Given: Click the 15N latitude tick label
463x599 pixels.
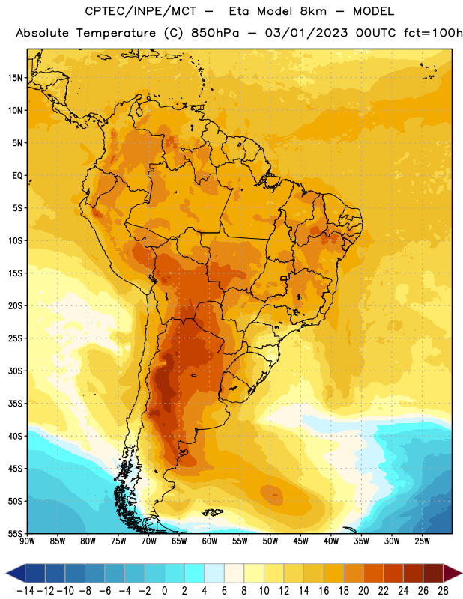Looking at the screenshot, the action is coord(15,78).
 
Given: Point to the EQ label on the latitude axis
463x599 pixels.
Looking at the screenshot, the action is coord(17,176).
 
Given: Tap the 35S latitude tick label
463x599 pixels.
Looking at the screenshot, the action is coord(15,404).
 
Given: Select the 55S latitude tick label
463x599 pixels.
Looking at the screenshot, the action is coord(15,534).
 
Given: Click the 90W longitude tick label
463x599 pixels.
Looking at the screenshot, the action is coord(27,541).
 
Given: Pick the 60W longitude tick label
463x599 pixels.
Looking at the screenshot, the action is coord(210,541).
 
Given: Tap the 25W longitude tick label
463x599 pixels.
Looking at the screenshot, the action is coord(422,541).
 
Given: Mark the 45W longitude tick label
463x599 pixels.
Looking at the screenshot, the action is coord(301,541).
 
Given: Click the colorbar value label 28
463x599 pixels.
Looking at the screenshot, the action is coord(443,591).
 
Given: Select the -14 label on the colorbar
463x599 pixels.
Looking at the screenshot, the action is coord(25,591).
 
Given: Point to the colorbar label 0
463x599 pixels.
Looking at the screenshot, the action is coord(164,591).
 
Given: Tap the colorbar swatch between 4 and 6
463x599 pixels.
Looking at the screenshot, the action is coord(214,573).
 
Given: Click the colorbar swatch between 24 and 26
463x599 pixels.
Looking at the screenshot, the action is coord(413,573).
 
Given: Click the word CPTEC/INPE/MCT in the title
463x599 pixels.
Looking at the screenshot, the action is coord(141,11).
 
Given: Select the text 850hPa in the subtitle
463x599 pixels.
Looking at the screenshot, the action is coord(215,33).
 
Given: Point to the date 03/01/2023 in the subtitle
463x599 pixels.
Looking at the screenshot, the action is coord(306,33).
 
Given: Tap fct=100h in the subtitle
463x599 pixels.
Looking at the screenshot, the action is coord(433,33).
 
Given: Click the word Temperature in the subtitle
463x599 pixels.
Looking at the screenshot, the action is coord(116,34).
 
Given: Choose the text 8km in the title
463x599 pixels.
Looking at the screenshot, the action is coord(313,11).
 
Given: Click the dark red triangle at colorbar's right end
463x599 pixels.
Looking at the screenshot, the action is coord(451,573).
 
